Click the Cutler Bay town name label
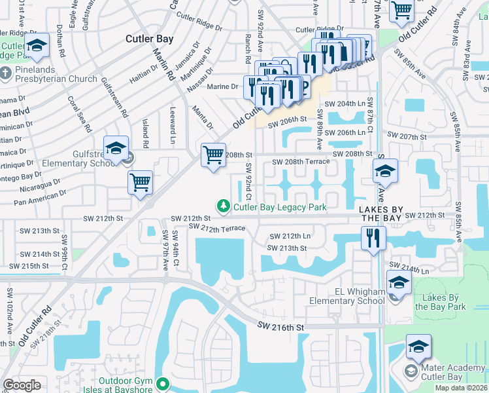pyautogui.click(x=150, y=39)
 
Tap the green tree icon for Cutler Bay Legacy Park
pyautogui.click(x=224, y=207)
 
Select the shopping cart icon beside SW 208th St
pyautogui.click(x=213, y=155)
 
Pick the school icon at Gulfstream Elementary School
pyautogui.click(x=116, y=148)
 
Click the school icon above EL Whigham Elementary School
pyautogui.click(x=399, y=283)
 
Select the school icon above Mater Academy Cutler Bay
pyautogui.click(x=418, y=346)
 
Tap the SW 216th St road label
pyautogui.click(x=281, y=326)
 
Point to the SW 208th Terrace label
pyautogui.click(x=301, y=161)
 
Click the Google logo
pyautogui.click(x=22, y=385)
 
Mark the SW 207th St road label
pyautogui.click(x=407, y=137)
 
